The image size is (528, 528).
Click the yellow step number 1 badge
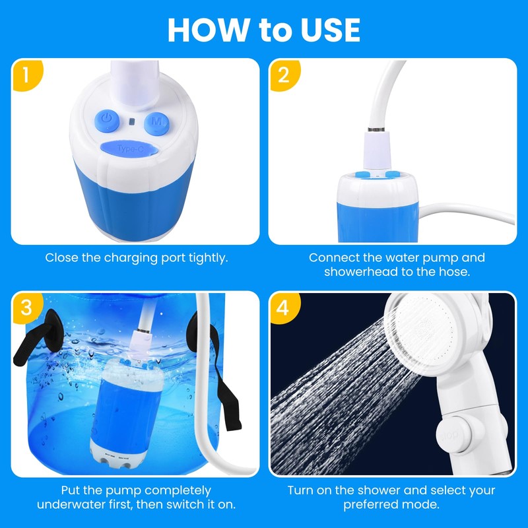coord(27,75)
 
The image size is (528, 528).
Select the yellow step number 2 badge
coord(284,75)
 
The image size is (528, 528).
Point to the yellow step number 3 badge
coord(27,308)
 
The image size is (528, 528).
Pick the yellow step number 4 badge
coord(284,308)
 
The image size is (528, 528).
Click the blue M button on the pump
coord(156,123)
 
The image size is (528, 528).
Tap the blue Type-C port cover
coord(129,148)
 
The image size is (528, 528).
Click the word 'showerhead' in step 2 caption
coord(361,271)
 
